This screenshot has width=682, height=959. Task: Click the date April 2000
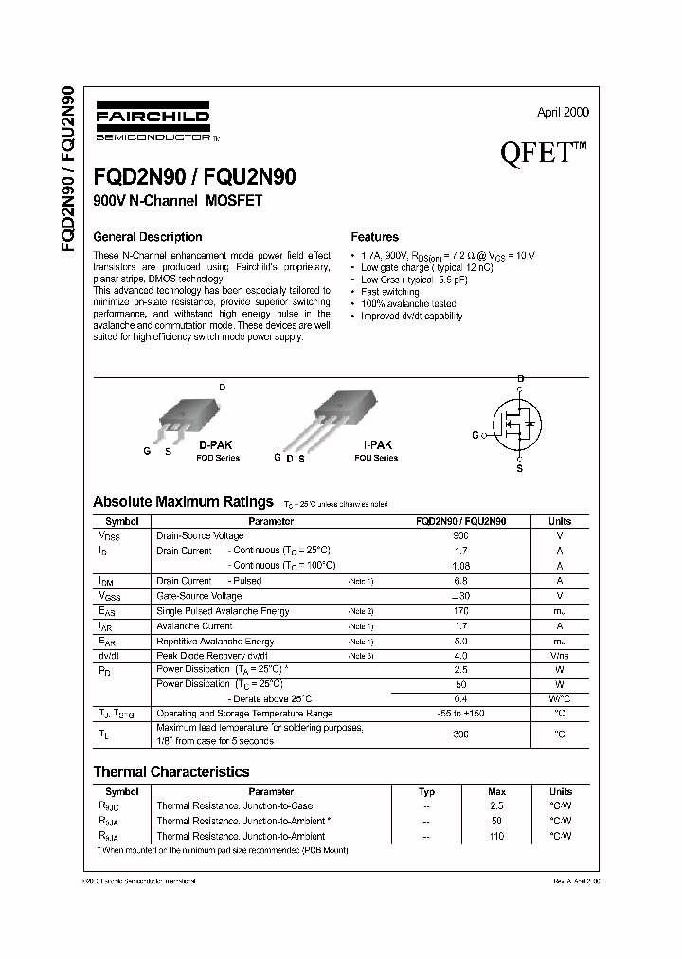click(x=563, y=112)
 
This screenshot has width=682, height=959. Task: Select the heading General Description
click(x=147, y=237)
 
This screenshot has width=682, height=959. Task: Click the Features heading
click(x=374, y=237)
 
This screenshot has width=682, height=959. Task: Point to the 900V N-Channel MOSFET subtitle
click(x=177, y=201)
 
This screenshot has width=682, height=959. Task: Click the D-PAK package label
click(x=215, y=444)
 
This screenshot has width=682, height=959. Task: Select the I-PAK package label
click(x=376, y=444)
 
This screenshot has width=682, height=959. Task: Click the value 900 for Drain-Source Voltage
click(x=460, y=536)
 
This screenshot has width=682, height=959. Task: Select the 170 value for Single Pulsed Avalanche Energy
click(x=460, y=611)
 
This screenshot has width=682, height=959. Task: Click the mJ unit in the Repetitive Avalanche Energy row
click(x=559, y=642)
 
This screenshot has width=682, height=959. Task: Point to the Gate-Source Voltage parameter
click(x=199, y=596)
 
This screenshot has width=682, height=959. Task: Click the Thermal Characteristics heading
click(x=170, y=772)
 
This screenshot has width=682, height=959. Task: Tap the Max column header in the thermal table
click(x=496, y=791)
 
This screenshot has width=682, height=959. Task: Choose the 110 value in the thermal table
click(x=496, y=836)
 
